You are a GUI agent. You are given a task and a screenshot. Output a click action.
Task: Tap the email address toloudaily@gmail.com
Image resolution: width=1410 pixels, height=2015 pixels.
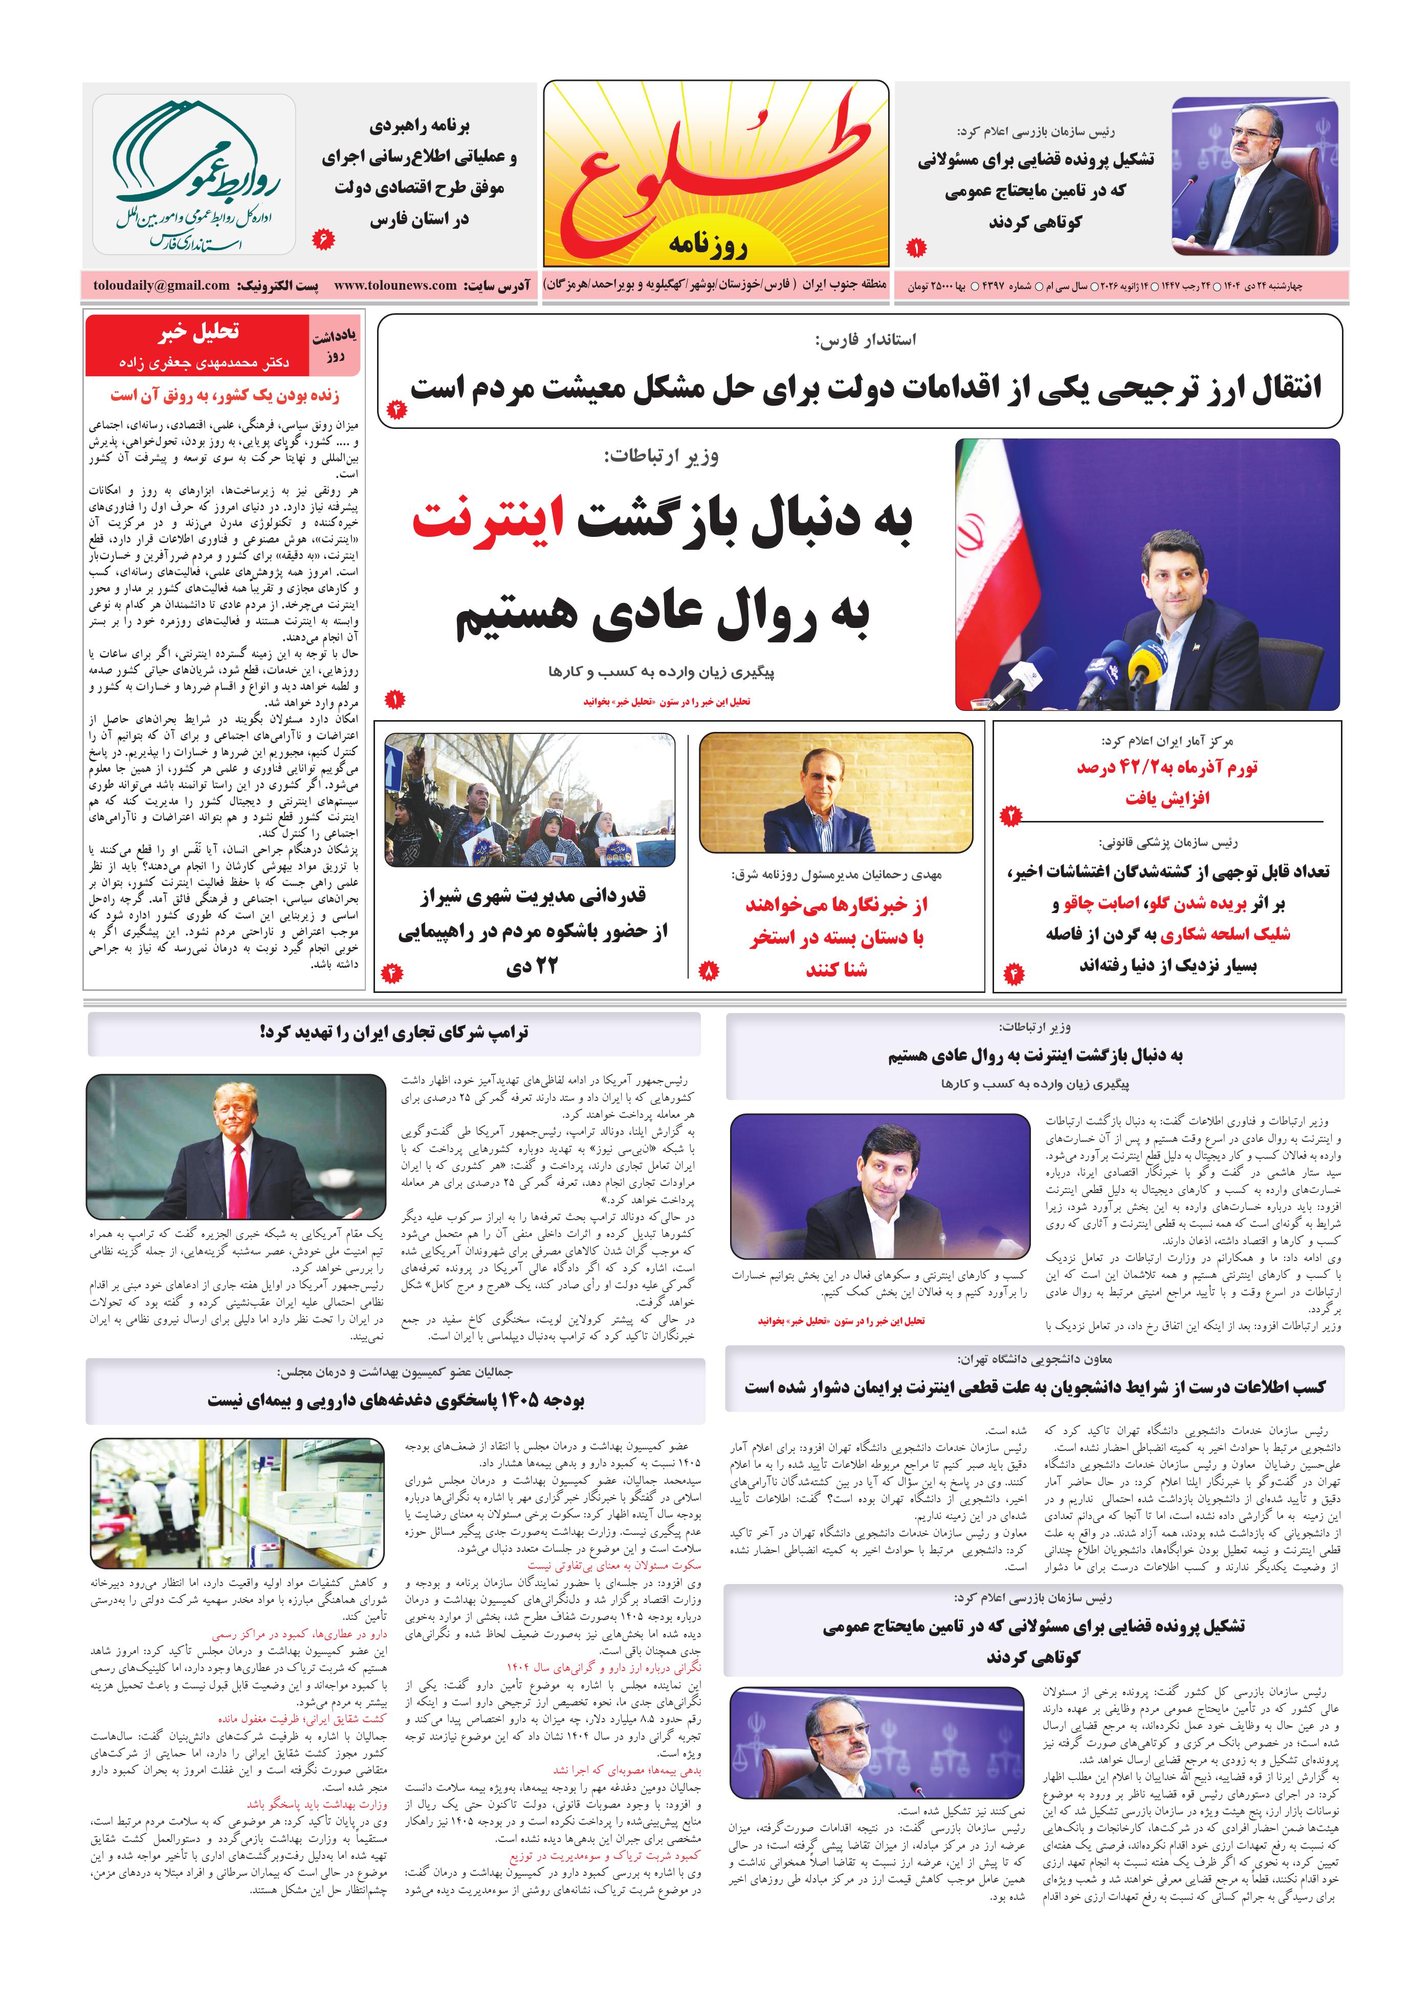(162, 285)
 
